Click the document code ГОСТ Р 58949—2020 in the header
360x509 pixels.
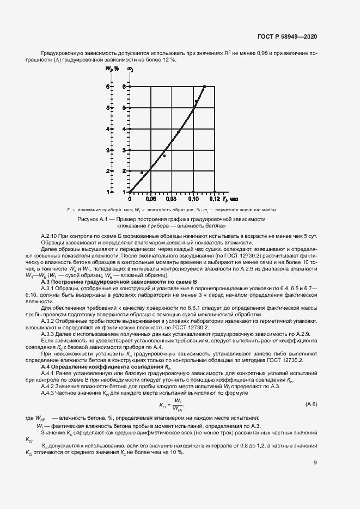pyautogui.click(x=287, y=36)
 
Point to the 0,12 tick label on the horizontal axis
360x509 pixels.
pyautogui.click(x=214, y=199)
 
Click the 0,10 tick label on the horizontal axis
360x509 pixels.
pyautogui.click(x=193, y=199)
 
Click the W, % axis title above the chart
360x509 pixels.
pyautogui.click(x=111, y=69)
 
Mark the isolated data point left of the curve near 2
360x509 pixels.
pyautogui.click(x=142, y=173)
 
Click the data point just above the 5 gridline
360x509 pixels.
pyautogui.click(x=196, y=101)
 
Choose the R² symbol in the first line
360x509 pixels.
pyautogui.click(x=228, y=52)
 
